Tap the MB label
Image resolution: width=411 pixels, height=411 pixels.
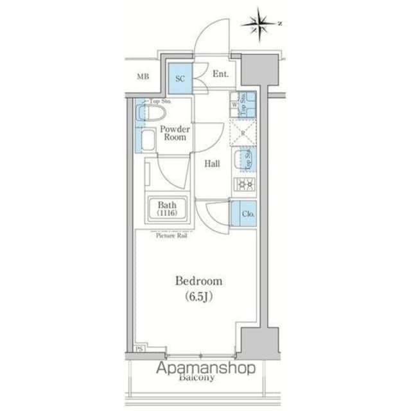coord(143,78)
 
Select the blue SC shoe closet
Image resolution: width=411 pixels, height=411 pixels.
coord(180,78)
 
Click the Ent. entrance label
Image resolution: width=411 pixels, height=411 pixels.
coord(220,74)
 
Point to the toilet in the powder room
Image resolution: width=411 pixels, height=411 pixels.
coord(152,114)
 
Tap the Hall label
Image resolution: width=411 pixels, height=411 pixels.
coord(213,164)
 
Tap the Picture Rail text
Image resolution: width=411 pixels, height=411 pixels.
coord(171,235)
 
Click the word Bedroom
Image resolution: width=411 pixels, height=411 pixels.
coord(199,281)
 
